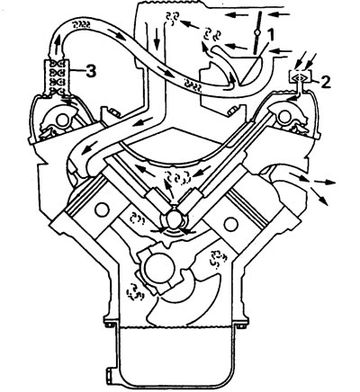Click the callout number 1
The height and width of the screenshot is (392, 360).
pos(270,35)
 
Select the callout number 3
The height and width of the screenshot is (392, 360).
pos(91,72)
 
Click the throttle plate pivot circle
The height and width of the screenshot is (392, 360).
pos(256,32)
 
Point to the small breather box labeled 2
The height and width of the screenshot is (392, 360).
pos(300,76)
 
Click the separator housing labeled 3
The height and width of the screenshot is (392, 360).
pos(57,77)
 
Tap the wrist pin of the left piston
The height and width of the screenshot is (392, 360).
pos(102,209)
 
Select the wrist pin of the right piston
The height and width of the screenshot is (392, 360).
pos(231,224)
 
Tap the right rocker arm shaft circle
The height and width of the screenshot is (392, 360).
pos(283,117)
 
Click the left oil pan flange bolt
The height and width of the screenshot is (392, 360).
pos(110,325)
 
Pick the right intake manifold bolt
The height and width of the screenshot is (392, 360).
pos(233,111)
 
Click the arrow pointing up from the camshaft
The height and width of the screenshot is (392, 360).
pos(170,189)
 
